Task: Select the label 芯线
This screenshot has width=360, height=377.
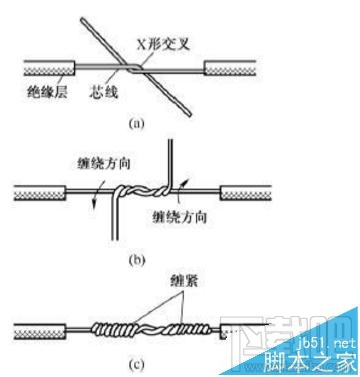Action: click(99, 92)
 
